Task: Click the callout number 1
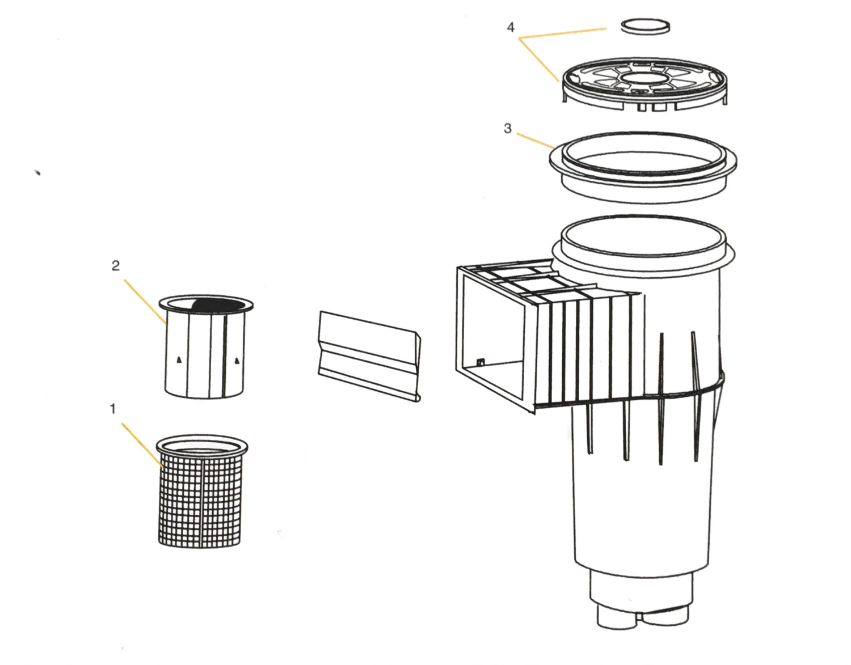(x=113, y=409)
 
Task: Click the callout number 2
(x=116, y=266)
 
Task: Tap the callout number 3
(x=508, y=128)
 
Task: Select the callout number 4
(x=511, y=27)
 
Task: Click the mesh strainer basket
(x=201, y=490)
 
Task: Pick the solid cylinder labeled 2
(x=205, y=346)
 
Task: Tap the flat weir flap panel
(x=369, y=356)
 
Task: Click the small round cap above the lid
(x=645, y=27)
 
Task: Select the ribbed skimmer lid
(x=644, y=84)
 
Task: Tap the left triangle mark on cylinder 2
(x=179, y=360)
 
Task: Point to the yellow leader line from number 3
(x=535, y=140)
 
